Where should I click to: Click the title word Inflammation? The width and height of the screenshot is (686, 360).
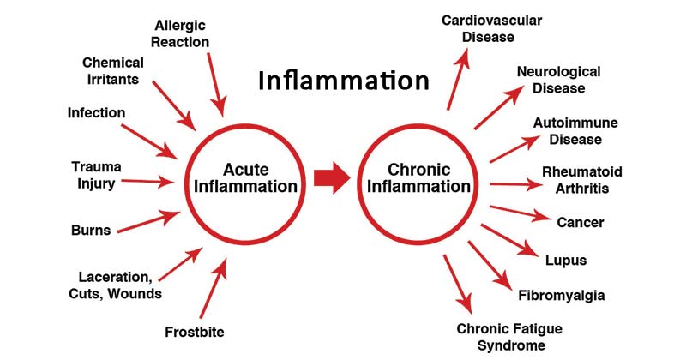pyautogui.click(x=344, y=81)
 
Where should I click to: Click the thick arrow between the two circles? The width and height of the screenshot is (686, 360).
pyautogui.click(x=331, y=178)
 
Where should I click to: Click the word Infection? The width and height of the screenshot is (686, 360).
pyautogui.click(x=96, y=112)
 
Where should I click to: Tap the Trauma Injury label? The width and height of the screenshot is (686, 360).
pyautogui.click(x=97, y=174)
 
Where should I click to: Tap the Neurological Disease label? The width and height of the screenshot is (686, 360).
pyautogui.click(x=558, y=80)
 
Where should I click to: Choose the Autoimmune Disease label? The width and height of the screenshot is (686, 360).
pyautogui.click(x=575, y=130)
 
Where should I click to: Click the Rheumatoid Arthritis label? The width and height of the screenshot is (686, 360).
pyautogui.click(x=582, y=179)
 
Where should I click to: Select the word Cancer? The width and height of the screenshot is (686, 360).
pyautogui.click(x=581, y=223)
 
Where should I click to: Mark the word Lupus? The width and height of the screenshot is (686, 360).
pyautogui.click(x=565, y=261)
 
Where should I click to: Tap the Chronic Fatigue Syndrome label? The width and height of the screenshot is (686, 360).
pyautogui.click(x=500, y=336)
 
